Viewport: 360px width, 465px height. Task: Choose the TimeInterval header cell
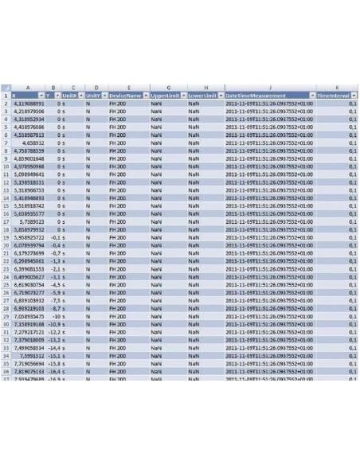(334, 96)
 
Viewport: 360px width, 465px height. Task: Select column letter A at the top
(29, 88)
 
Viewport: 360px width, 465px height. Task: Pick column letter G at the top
(166, 88)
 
